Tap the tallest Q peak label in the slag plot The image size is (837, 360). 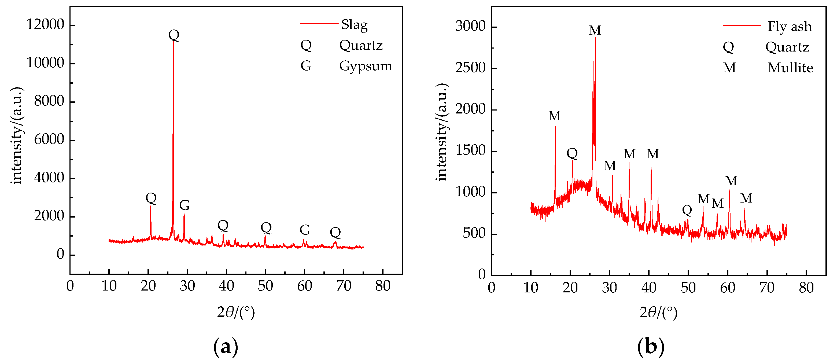174,35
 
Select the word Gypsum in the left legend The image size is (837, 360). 366,66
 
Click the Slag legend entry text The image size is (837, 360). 354,25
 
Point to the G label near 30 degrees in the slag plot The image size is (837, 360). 184,205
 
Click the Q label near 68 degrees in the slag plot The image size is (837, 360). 335,233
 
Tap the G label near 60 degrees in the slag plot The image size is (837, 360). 304,230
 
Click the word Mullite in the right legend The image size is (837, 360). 790,68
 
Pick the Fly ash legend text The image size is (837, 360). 790,27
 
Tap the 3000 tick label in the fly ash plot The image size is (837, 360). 470,26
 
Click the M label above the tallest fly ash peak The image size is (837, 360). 595,30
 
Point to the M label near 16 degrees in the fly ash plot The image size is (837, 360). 554,116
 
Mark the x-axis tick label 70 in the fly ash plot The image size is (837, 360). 767,288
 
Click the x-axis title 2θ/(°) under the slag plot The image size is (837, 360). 236,312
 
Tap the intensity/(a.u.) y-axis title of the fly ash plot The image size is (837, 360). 442,132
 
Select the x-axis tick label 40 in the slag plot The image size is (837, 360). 226,286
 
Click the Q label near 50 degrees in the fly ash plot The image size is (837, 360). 687,210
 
